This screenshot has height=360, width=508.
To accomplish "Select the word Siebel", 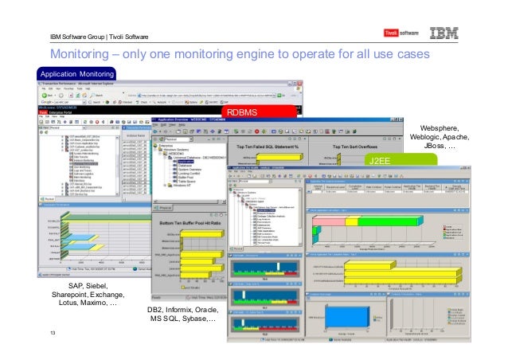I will (x=101, y=285).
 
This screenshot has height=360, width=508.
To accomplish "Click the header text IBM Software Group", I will (x=78, y=36).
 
